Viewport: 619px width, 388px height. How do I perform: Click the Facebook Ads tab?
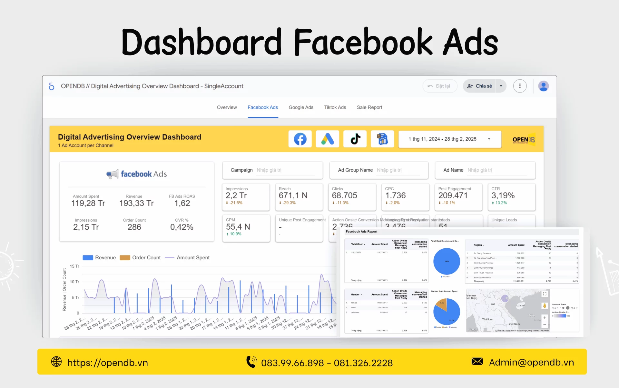point(262,107)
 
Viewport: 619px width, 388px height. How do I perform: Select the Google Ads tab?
point(301,107)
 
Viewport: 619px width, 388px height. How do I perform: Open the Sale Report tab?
point(369,107)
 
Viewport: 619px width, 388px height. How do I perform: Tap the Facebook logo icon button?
point(300,139)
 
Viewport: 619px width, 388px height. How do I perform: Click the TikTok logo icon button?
point(355,139)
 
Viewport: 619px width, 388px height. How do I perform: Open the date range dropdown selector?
point(449,139)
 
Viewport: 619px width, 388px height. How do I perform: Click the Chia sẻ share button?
point(480,86)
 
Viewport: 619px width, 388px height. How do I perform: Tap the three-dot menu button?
point(520,86)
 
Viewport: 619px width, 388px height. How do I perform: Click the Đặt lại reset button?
point(439,86)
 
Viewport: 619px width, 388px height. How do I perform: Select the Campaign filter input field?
point(285,170)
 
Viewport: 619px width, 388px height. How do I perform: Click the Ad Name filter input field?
point(496,170)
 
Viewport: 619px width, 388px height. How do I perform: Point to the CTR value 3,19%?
point(503,195)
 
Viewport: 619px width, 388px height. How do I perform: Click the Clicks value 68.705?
point(344,195)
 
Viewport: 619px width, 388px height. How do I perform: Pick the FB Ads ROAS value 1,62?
point(182,203)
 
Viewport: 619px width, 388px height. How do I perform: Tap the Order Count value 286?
point(134,227)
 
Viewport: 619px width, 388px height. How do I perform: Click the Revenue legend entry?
point(99,258)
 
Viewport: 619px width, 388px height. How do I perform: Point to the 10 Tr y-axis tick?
point(74,282)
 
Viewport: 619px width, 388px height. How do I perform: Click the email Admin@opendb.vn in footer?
point(531,363)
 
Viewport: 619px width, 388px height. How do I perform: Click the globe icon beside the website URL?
point(56,362)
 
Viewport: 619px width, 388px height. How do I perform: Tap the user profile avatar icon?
point(543,86)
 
